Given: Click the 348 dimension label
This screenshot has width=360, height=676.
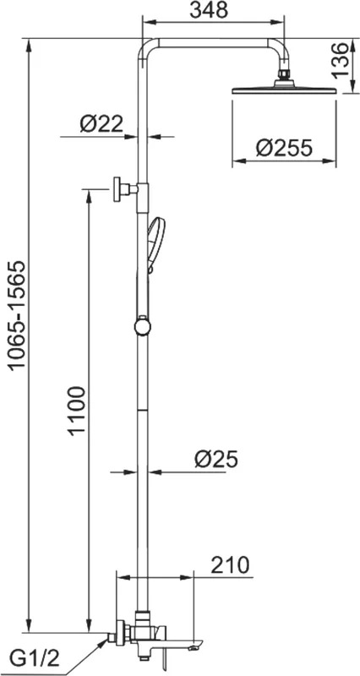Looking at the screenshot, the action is [209, 10].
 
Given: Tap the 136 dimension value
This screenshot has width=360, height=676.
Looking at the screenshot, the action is [341, 60].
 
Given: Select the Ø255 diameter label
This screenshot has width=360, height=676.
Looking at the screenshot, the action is [283, 149].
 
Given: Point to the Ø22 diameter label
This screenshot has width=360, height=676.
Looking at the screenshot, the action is [101, 124].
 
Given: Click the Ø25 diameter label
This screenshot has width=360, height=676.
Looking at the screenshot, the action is [216, 459].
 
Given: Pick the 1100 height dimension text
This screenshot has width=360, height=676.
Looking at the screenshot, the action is [78, 411].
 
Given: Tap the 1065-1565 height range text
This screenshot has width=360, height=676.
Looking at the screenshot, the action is [19, 315].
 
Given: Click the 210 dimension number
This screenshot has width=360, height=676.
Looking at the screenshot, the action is [230, 565].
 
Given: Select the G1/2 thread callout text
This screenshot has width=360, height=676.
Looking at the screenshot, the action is [35, 658].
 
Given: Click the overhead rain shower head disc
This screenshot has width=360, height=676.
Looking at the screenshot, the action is [284, 90].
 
